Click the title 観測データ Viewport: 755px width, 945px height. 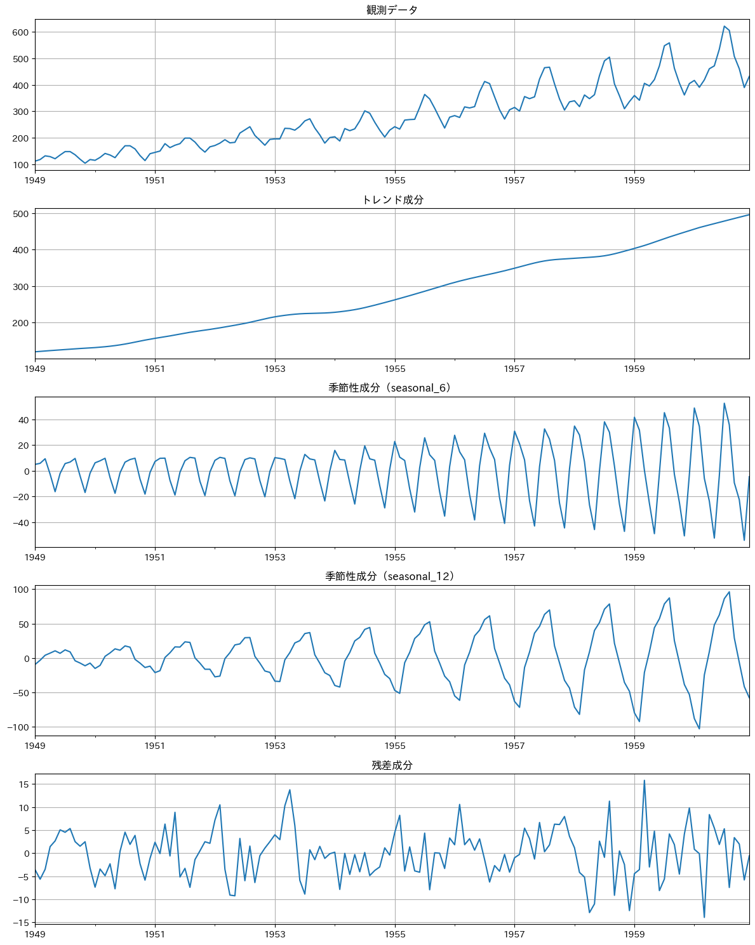coord(392,10)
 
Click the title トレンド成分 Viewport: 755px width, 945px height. coord(392,200)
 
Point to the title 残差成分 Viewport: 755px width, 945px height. coord(392,765)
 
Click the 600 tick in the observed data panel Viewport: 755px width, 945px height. coord(21,32)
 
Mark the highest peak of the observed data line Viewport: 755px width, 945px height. coord(725,26)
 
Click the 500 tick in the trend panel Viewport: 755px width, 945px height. coord(21,214)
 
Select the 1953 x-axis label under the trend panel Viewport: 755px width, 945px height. coord(275,369)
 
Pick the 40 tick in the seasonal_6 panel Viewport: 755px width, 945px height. coord(23,420)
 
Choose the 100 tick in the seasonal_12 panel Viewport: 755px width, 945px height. coord(21,590)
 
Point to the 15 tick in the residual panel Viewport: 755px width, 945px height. coord(23,784)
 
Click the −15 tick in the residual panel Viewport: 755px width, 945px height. coord(21,923)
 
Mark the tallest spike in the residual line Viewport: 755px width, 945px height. coord(644,781)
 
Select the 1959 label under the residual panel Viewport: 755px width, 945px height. coord(634,934)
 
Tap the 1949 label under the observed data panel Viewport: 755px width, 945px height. coord(35,180)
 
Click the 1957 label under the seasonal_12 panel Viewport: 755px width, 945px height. coord(514,746)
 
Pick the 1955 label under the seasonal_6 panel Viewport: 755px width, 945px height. coord(395,557)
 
